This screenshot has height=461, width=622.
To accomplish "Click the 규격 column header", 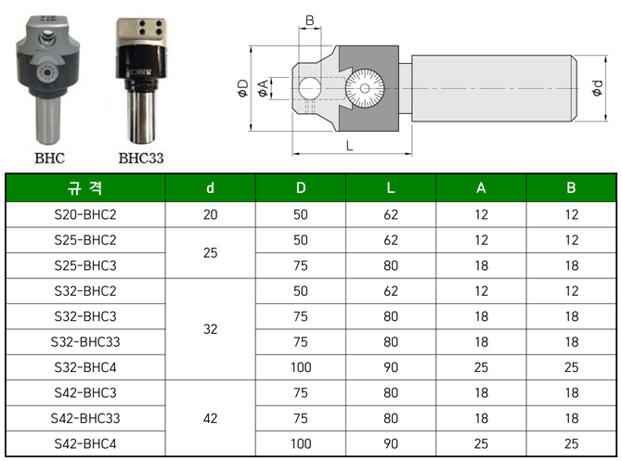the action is pyautogui.click(x=85, y=188).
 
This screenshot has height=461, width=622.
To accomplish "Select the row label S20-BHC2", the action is pyautogui.click(x=85, y=215).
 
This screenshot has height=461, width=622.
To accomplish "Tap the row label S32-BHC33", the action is pyautogui.click(x=85, y=342).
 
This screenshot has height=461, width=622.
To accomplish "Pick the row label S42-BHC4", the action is pyautogui.click(x=85, y=444).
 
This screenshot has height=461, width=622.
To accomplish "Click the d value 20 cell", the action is pyautogui.click(x=210, y=215).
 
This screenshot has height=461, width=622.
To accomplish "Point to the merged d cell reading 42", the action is pyautogui.click(x=210, y=418).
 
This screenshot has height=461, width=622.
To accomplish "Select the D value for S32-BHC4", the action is pyautogui.click(x=301, y=367).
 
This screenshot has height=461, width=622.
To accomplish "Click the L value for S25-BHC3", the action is pyautogui.click(x=391, y=265).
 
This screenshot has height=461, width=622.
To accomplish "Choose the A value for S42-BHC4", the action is pyautogui.click(x=481, y=444).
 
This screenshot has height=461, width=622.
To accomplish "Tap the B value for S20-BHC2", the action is pyautogui.click(x=571, y=215).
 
